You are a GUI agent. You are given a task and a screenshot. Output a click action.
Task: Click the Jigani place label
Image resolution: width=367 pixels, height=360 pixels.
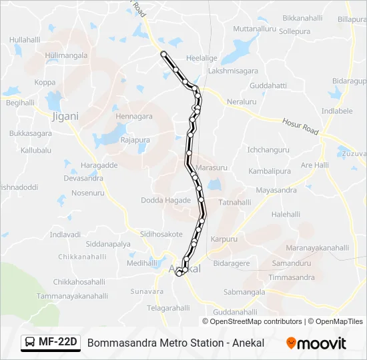coord(65,116)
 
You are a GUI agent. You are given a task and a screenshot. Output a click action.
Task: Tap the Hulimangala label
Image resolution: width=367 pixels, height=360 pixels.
coord(67,56)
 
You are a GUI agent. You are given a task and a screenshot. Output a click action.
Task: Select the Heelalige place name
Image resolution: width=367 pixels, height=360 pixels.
coord(202,58)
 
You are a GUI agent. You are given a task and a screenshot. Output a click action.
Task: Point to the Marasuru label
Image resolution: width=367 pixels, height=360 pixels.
coord(212,168)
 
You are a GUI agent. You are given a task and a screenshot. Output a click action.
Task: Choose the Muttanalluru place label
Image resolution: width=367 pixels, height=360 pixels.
coord(255,29)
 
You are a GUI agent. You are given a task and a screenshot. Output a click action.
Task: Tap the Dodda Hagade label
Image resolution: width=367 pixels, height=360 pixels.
coord(165,201)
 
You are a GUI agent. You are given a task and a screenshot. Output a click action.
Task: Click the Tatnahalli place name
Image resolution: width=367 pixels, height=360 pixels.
coord(235,202)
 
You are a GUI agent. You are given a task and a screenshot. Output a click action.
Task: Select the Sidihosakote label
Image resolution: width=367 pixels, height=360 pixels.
coord(161,235)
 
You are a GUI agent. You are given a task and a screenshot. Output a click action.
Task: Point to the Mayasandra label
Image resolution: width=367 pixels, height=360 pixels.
coord(276,190)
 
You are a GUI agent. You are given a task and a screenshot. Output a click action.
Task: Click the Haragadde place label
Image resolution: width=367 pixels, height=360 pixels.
coord(99,165)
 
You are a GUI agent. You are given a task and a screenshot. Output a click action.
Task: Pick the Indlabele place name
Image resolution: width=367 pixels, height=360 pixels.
coord(337,111)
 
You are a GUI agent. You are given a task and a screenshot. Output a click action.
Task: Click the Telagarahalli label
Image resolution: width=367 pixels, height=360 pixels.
coord(169,308)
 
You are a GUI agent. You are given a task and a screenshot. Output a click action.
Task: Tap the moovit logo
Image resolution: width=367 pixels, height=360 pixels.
coord(316,343)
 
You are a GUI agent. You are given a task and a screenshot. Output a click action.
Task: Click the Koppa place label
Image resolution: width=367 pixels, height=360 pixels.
coord(45,83)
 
